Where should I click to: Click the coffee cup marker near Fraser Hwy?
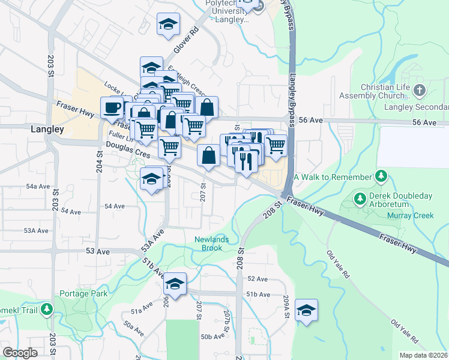pyautogui.click(x=112, y=108)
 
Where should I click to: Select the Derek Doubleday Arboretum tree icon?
pyautogui.click(x=360, y=198)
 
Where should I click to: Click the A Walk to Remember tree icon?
pyautogui.click(x=380, y=176)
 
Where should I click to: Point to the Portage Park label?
pyautogui.click(x=83, y=294)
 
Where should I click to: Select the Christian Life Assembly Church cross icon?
pyautogui.click(x=419, y=91)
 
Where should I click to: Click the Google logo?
pyautogui.click(x=20, y=353)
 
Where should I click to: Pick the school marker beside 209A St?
pyautogui.click(x=306, y=310)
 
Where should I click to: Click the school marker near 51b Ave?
pyautogui.click(x=175, y=284)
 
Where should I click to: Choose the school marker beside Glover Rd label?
pyautogui.click(x=168, y=25)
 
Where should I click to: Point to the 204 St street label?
pyautogui.click(x=100, y=161)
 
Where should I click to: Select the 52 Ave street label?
pyautogui.click(x=257, y=280)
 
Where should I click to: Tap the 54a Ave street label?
pyautogui.click(x=38, y=187)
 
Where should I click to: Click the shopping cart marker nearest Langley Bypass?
pyautogui.click(x=276, y=145)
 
